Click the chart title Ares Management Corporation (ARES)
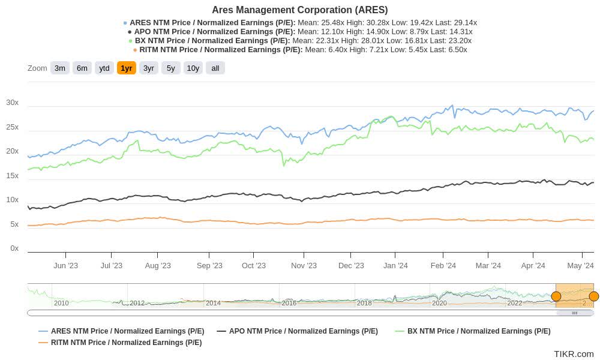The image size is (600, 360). pos(299,10)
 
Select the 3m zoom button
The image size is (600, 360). pos(60,68)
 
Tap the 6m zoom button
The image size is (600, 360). pos(82,68)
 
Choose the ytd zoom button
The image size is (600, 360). pos(104,68)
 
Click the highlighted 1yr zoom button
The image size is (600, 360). pos(127,68)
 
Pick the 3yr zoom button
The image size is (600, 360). pos(149,68)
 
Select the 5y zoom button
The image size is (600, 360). pos(171,68)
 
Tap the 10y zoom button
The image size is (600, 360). pos(193,68)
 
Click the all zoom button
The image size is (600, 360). pos(215,68)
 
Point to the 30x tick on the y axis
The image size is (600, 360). pos(13,103)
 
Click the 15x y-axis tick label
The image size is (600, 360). pos(13,176)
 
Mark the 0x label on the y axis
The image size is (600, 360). pos(14,248)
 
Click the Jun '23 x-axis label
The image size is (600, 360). pos(65,266)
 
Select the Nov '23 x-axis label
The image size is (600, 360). pos(304,266)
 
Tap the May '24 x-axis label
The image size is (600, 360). pos(580,266)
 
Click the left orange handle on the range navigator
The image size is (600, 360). pos(556,296)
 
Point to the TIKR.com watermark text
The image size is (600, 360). pos(574,354)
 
